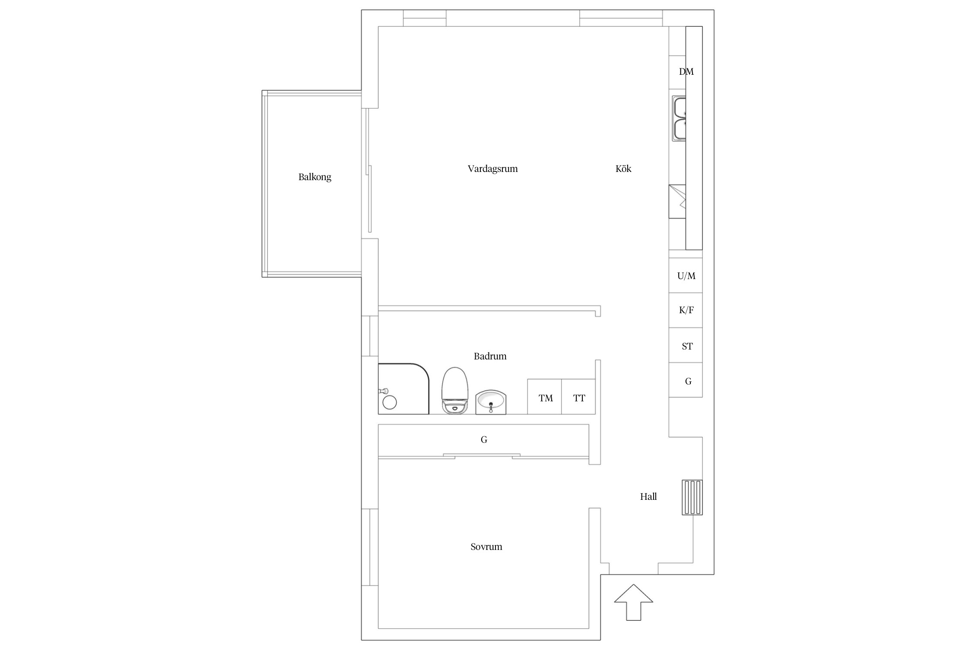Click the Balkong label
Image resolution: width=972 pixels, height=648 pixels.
click(x=314, y=177)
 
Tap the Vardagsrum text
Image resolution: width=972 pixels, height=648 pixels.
click(x=492, y=169)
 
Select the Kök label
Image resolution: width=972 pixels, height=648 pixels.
click(x=623, y=168)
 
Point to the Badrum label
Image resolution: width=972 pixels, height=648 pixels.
click(x=490, y=356)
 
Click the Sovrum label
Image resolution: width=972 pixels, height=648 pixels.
click(x=486, y=547)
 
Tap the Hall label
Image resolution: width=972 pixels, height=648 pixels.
click(x=648, y=497)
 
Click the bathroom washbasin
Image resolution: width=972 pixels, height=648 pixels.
click(x=491, y=402)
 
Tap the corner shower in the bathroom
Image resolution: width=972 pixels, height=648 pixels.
click(x=403, y=389)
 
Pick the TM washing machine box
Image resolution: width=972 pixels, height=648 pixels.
click(x=544, y=397)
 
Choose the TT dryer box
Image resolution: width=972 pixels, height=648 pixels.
click(x=578, y=397)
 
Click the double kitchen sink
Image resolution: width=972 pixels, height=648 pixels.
click(x=679, y=118)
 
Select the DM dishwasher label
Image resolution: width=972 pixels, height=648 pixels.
click(x=686, y=72)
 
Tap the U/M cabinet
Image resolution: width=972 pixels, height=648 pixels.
click(x=686, y=276)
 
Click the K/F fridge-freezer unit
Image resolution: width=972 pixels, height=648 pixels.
click(x=686, y=310)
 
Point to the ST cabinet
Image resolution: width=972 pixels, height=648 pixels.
click(x=686, y=345)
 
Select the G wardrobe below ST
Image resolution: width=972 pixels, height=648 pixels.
click(x=686, y=380)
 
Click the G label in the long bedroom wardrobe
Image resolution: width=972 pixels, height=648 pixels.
click(x=484, y=440)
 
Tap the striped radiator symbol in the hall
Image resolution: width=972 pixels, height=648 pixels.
click(x=692, y=497)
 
